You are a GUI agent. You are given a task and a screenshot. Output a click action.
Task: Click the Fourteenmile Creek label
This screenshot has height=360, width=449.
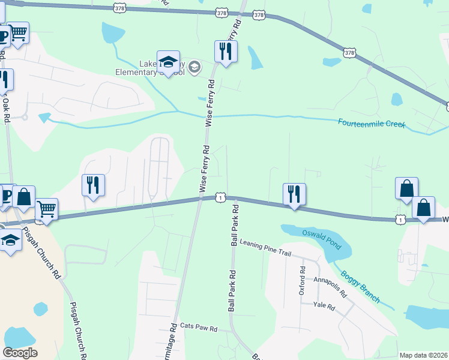click(x=372, y=124)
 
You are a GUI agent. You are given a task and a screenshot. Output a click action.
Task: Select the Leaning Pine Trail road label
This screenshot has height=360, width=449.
click(x=265, y=248)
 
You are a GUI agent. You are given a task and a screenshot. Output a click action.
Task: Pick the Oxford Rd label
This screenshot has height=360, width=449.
click(x=303, y=281)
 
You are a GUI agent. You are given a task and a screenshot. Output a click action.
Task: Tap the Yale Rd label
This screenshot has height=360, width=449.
click(x=324, y=305)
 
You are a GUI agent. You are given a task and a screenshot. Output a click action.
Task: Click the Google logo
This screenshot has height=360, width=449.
click(x=20, y=353)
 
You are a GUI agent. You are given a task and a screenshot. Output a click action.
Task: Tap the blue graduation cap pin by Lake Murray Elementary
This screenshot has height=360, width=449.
click(x=169, y=62)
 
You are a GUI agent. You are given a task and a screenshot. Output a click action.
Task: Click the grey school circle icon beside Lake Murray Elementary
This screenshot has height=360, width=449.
click(x=194, y=67)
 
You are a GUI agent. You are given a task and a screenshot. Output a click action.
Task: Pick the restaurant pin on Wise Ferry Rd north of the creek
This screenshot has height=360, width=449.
click(x=226, y=52)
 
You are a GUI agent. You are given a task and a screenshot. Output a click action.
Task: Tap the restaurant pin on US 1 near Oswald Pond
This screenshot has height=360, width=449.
click(x=294, y=195)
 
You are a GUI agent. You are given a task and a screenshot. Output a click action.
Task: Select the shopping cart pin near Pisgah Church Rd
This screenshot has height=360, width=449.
click(x=46, y=210)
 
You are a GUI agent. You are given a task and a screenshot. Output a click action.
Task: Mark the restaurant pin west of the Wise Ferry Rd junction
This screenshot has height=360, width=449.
click(x=93, y=186)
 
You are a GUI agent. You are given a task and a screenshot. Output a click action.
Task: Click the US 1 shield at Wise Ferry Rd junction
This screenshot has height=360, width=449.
click(x=221, y=197)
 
